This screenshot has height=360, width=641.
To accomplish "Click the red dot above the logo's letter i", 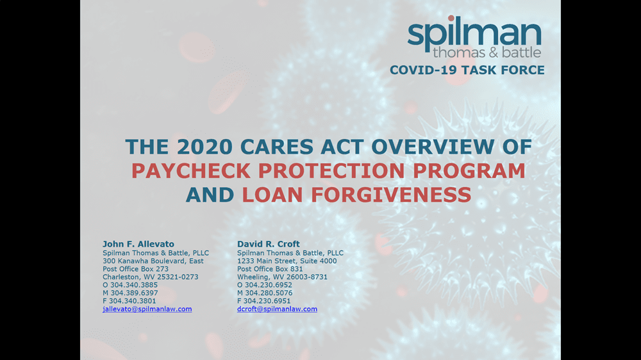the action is pos(451,19).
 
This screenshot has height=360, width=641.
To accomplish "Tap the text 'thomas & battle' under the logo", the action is pos(487,53).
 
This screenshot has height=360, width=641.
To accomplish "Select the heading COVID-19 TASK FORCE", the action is pos(467,70).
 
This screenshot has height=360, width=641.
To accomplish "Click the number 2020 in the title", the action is pos(205,147).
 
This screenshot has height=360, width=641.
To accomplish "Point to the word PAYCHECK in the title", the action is pos(191,171).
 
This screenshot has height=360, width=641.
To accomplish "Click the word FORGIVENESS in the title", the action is pos(391,195).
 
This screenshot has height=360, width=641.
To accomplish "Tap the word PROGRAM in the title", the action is pos(469,171).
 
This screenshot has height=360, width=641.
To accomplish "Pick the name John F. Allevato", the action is pos(138,244).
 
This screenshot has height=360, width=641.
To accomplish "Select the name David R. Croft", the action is pos(268,244).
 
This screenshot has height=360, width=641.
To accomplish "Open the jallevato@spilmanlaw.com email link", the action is pos(147,309).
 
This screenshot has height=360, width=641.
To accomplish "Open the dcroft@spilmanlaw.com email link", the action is pos(277,309).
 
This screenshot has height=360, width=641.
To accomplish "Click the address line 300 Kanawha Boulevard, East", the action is pos(153,261).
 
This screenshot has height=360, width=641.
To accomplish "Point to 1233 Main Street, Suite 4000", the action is pos(287,261).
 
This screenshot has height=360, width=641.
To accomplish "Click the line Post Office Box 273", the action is pos(135,269).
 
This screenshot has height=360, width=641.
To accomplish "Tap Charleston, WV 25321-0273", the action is pos(151,277).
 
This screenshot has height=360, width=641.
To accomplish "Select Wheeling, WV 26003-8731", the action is pos(282,277).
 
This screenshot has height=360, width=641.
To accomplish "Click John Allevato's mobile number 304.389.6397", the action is pos(134,293).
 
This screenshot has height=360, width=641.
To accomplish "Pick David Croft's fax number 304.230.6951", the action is pos(267,301).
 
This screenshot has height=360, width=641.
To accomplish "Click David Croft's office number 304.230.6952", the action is pos(269,285).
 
